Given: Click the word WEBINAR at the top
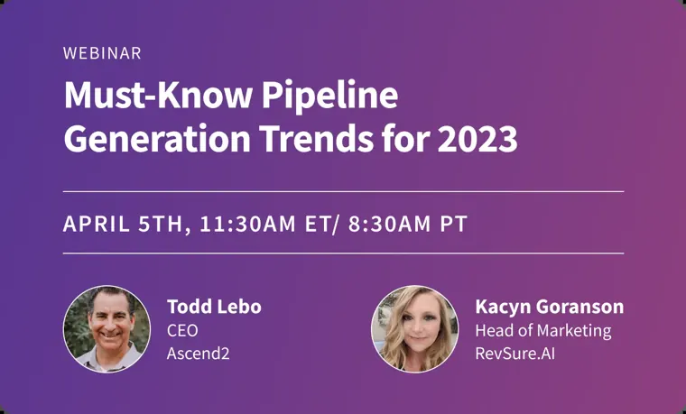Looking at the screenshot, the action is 102,53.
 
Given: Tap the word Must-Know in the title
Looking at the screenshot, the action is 158,95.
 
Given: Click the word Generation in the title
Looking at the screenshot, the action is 157,139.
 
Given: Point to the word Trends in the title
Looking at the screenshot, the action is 317,139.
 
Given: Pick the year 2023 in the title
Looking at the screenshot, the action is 477,140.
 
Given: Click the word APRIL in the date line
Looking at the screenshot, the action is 97,224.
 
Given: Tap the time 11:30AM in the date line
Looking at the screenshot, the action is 247,224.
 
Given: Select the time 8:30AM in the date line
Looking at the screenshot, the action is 389,224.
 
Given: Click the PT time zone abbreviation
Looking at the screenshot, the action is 454,224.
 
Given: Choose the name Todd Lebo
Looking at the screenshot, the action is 214,307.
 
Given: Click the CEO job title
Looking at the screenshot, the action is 182,330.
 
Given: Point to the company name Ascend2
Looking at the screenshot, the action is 199,354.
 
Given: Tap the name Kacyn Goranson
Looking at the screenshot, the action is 550,307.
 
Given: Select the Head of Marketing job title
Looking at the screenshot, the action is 543,331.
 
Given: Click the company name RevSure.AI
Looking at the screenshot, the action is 514,354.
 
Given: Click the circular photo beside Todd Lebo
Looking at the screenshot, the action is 107,329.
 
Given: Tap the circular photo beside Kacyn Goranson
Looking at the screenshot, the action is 414,329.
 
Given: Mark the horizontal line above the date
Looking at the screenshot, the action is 343,191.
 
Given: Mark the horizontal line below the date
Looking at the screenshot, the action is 343,253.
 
